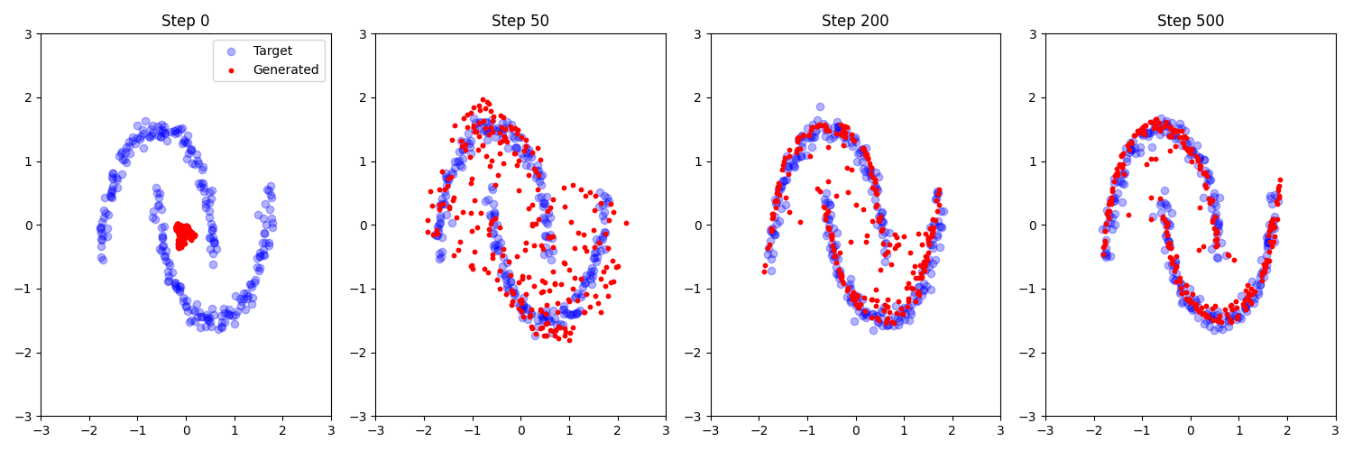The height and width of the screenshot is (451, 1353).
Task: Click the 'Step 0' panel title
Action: tap(186, 21)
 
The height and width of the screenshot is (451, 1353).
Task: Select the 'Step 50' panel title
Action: tap(520, 21)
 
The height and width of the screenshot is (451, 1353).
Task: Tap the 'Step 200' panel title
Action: tap(855, 21)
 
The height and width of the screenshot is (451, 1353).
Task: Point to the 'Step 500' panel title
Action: tap(1191, 21)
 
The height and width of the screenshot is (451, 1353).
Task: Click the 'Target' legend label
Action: tap(272, 51)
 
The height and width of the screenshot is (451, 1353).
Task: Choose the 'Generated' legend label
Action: tap(285, 69)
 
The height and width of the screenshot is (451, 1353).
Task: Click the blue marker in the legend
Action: tap(232, 51)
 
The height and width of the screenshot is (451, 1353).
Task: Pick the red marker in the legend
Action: tap(232, 69)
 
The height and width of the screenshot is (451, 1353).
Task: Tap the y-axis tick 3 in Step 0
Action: tap(31, 34)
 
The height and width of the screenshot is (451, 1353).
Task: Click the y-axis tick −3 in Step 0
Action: tap(26, 417)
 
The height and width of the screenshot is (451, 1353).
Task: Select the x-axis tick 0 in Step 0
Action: tap(186, 430)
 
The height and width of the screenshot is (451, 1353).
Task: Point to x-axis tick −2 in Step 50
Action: tap(424, 430)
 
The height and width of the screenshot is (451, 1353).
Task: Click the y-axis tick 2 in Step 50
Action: tap(365, 98)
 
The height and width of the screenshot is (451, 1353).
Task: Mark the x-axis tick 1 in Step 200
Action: tap(904, 430)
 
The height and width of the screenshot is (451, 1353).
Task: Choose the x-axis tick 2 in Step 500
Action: tap(1287, 430)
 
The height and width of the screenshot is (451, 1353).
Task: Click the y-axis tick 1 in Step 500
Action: tap(1035, 161)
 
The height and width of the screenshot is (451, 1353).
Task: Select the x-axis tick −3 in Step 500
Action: tap(1045, 430)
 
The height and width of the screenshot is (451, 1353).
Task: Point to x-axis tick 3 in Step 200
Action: tap(1000, 430)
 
